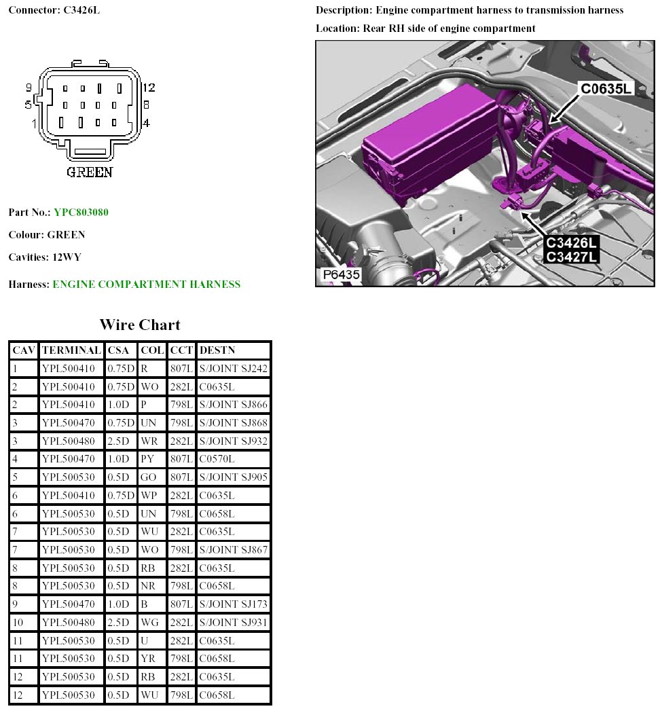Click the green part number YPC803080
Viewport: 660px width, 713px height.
tap(81, 213)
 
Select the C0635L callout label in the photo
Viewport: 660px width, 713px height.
tap(606, 89)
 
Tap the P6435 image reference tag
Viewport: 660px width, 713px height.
tap(341, 274)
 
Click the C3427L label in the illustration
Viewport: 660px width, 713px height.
tap(571, 257)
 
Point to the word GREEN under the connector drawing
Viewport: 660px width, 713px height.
tap(90, 172)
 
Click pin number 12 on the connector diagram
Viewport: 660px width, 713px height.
tap(149, 88)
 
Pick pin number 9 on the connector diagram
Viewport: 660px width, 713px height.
tap(29, 88)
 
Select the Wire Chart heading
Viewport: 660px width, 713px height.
tap(140, 325)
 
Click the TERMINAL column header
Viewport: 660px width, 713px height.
tap(71, 350)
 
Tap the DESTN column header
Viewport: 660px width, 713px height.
tap(217, 350)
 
